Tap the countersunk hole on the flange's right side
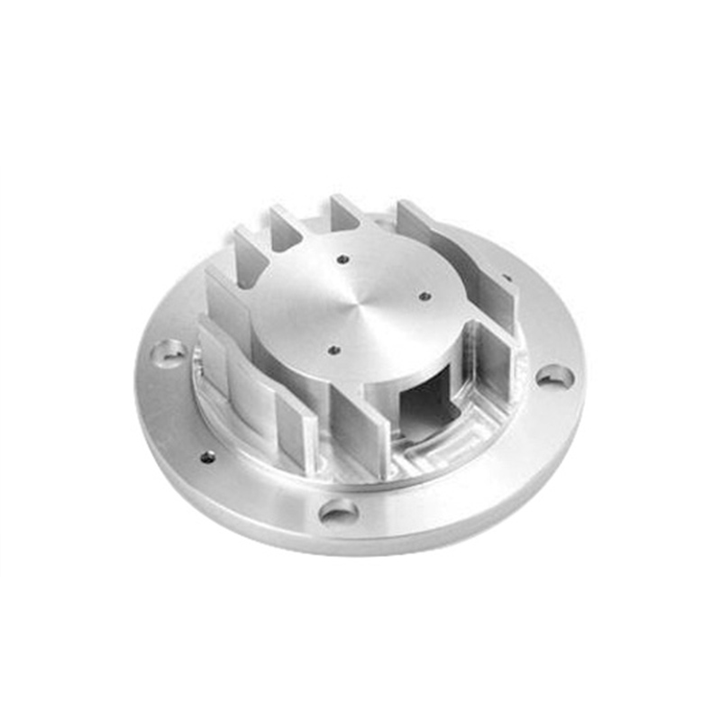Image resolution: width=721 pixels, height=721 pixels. point(554,375)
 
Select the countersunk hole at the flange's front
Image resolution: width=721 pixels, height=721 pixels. point(338,513)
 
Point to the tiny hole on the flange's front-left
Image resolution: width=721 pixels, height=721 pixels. point(207,457)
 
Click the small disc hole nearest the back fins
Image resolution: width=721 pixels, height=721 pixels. point(343,260)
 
